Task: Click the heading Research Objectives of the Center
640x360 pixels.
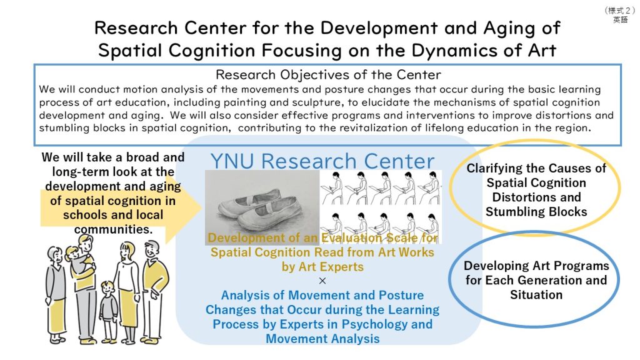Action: coord(328,75)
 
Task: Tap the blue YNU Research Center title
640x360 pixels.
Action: coord(322,161)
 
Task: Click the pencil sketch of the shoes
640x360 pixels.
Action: coord(262,207)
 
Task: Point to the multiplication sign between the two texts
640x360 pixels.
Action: coord(322,281)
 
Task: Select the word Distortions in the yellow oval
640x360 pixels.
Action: coord(536,197)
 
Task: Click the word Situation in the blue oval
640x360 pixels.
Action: coord(536,295)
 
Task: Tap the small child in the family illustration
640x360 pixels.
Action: coord(109,311)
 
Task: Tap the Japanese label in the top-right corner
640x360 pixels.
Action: coord(620,15)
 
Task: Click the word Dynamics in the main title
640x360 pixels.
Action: coord(447,51)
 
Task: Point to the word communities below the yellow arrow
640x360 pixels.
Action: coord(114,229)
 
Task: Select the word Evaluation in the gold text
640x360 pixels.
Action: coord(352,237)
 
